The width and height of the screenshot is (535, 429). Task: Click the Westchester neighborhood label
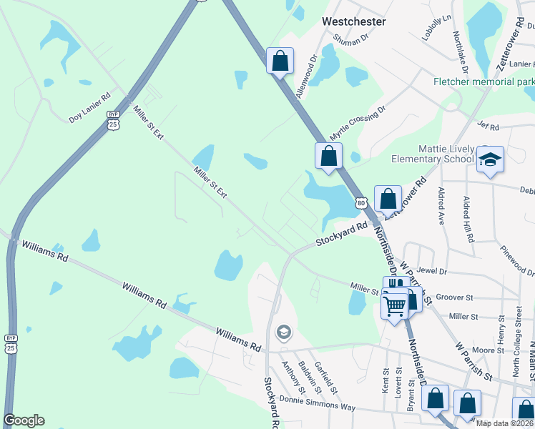click(x=353, y=21)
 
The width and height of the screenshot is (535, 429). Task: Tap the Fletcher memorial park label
click(x=484, y=82)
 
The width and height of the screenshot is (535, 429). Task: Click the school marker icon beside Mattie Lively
click(x=491, y=159)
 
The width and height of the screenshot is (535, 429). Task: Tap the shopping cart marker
click(x=395, y=307)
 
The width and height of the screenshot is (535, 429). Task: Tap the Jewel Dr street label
click(x=433, y=272)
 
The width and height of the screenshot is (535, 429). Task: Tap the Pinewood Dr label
click(x=518, y=261)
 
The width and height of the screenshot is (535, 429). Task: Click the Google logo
click(x=24, y=420)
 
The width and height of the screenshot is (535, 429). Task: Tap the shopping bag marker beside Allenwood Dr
click(x=280, y=61)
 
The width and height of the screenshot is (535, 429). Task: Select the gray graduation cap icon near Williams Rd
click(x=284, y=332)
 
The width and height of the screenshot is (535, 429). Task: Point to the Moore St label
click(x=489, y=350)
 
